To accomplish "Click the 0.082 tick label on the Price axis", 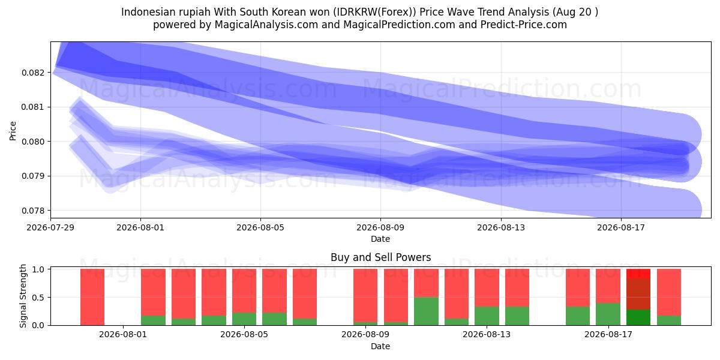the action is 33,73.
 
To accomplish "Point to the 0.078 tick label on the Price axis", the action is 33,211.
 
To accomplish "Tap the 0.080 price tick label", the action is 33,142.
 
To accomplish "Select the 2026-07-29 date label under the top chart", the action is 50,227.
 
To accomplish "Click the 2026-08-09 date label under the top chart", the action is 380,227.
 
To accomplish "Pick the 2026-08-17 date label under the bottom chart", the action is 608,335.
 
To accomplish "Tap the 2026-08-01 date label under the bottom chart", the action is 123,335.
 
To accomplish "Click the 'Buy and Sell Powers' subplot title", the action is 380,257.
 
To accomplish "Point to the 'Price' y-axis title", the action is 13,131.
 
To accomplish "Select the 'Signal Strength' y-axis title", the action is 23,296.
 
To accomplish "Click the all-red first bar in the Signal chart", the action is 92,297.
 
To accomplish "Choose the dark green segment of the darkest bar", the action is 638,317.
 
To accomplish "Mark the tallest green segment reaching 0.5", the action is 426,311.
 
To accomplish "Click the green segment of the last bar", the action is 669,320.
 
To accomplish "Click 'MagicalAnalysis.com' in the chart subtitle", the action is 266,25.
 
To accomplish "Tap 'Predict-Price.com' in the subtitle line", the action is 524,25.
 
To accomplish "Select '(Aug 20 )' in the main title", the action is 575,12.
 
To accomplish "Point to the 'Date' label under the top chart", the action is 380,239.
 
